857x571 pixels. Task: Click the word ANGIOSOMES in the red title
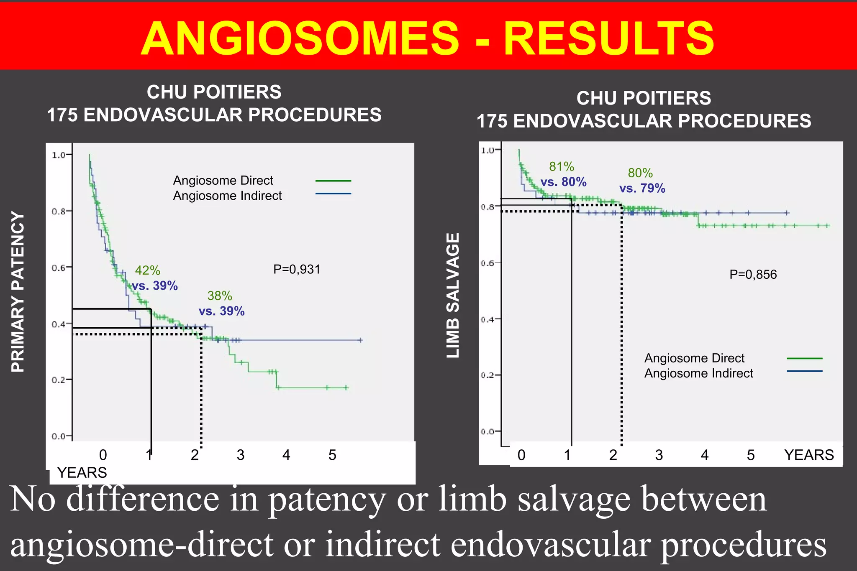pos(300,38)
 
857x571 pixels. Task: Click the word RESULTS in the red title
pos(609,38)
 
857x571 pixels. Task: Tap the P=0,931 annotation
pos(297,269)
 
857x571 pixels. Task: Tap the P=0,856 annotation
pos(753,275)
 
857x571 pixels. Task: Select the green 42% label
pos(147,270)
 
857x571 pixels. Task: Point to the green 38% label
pos(220,296)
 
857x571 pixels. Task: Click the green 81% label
pos(562,167)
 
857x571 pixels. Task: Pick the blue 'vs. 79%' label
pos(642,188)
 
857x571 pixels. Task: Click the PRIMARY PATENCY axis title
pos(18,291)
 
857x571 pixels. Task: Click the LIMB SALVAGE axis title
pos(453,295)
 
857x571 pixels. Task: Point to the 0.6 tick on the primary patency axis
pos(59,268)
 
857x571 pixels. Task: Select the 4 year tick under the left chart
pos(286,455)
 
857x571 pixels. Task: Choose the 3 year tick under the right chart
pos(659,455)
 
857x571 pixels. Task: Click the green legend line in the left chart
pos(333,181)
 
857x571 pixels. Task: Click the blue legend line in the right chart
pos(804,371)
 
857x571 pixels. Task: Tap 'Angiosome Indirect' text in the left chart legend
pos(227,196)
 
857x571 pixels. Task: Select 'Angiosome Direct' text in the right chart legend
pos(694,358)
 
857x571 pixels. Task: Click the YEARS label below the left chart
pos(82,472)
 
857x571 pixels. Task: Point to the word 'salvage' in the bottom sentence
pos(574,499)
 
